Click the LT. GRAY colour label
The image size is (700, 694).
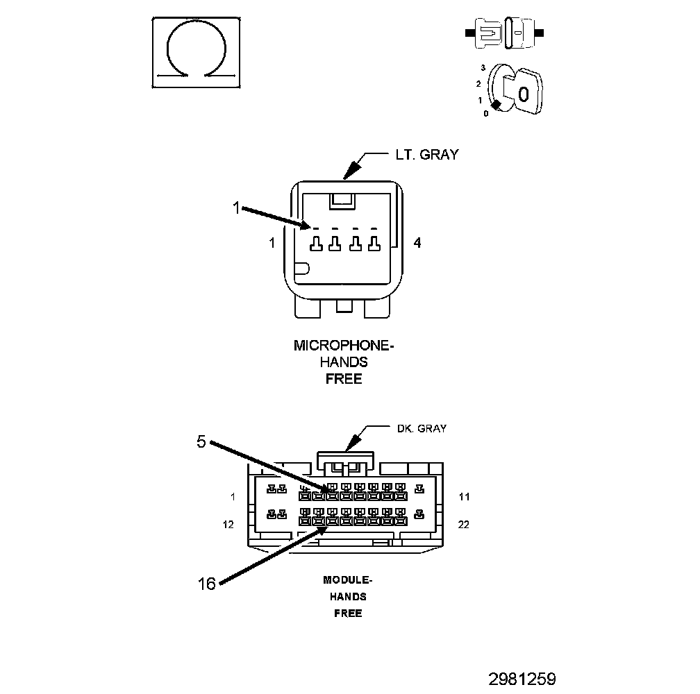point(427,154)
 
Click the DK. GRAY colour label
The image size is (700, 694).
point(422,428)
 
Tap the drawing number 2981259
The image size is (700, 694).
point(522,679)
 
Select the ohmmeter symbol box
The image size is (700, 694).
point(196,53)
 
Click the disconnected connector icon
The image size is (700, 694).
point(504,33)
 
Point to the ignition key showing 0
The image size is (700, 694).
point(522,92)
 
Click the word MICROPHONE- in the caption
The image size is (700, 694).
point(344,345)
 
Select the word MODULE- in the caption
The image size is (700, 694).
point(348,579)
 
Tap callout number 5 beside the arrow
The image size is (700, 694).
point(201,441)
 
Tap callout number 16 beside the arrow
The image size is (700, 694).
point(207,584)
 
